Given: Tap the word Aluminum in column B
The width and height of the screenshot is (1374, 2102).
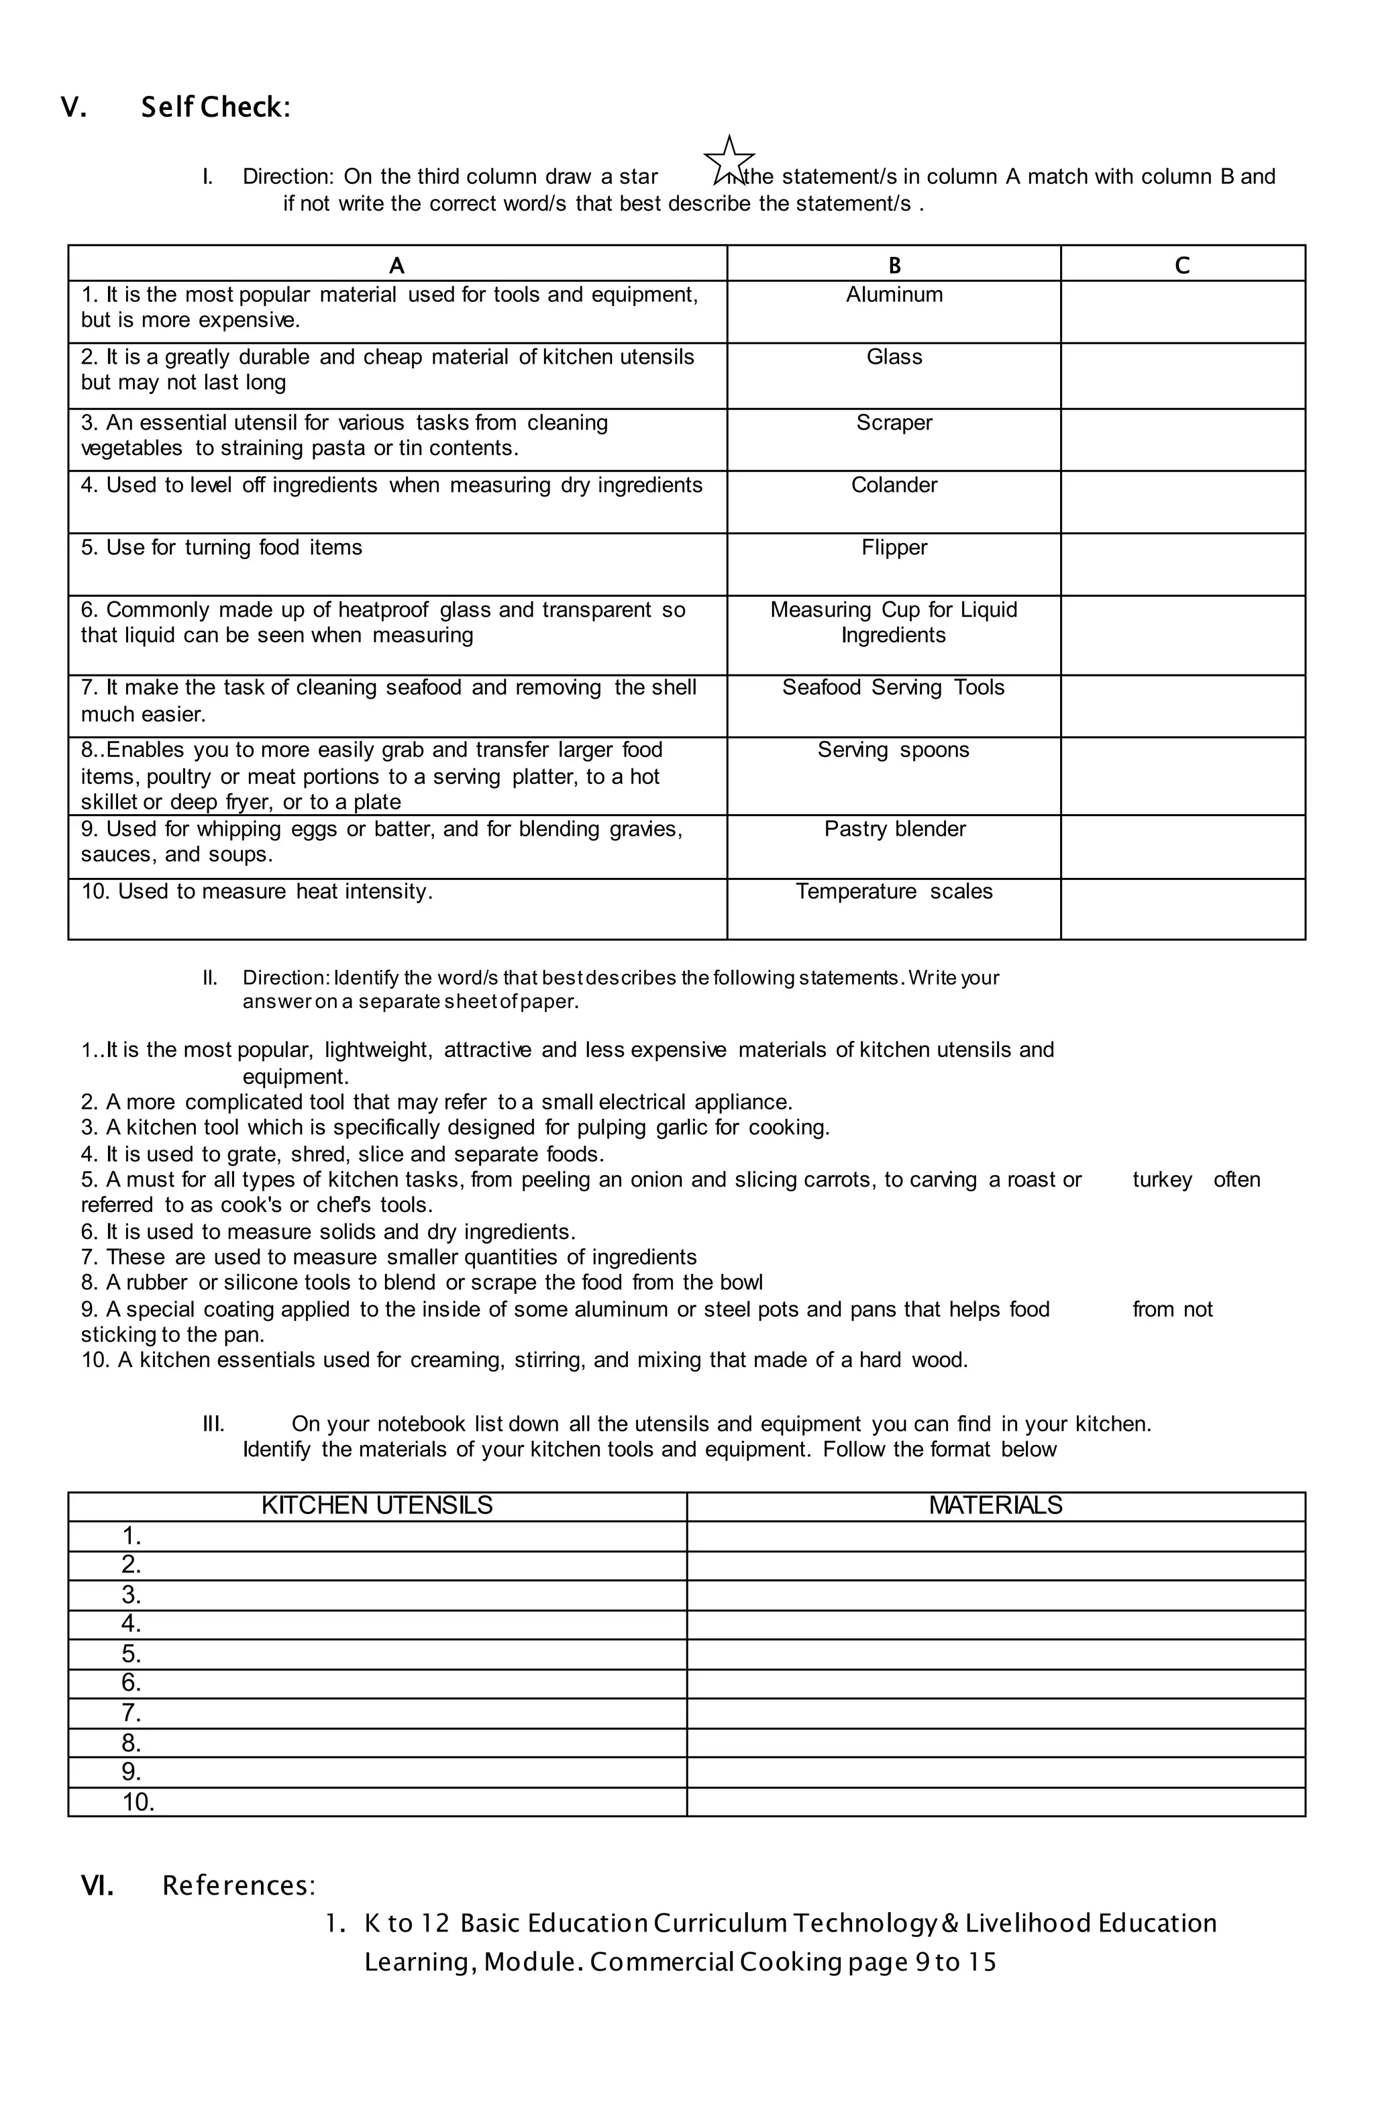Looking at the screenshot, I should coord(894,295).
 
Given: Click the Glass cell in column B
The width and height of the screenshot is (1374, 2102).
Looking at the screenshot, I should coord(894,358).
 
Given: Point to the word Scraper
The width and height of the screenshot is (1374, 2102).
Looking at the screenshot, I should coord(894,423).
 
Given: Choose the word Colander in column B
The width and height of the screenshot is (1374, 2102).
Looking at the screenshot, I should coord(894,486).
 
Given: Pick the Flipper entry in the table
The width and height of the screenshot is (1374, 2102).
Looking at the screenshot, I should coord(894,548).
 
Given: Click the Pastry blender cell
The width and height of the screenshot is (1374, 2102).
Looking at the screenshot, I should coord(894,830).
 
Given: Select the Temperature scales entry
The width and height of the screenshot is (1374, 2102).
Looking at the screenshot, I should coord(894,892).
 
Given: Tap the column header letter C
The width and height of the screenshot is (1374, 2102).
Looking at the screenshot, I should coord(1181,266).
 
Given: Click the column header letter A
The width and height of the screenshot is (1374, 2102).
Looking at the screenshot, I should coord(397,266).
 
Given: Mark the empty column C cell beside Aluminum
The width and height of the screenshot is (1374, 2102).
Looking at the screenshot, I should coord(1181,312).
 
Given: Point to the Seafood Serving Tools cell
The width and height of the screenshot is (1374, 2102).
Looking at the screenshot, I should coord(893,688).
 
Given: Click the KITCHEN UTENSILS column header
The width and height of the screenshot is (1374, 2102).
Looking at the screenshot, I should coord(377,1505).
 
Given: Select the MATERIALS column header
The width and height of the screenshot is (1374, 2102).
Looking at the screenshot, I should coord(995,1505).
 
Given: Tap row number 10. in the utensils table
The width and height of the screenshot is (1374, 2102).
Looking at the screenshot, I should coord(138,1802).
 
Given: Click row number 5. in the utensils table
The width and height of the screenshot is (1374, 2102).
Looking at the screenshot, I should coord(131,1653).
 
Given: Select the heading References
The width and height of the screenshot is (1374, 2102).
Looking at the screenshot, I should coord(238,1886).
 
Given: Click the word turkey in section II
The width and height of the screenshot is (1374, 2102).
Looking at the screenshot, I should coord(1161,1180).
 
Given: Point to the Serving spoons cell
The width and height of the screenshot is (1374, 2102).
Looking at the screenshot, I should coord(893,751).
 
